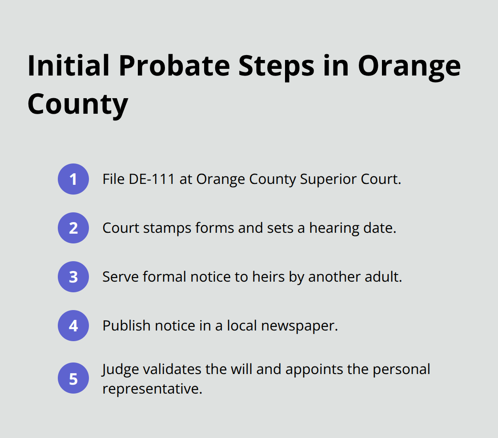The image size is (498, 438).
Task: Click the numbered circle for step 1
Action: click(x=73, y=179)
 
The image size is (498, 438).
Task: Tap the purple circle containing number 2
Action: click(x=73, y=228)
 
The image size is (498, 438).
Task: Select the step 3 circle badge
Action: click(x=73, y=277)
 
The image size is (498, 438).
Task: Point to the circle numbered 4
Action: click(x=73, y=326)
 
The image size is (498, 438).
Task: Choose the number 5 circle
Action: click(x=73, y=379)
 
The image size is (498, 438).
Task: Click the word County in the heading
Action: click(x=78, y=104)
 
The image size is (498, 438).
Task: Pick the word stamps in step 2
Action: click(x=169, y=228)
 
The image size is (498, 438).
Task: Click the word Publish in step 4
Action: click(x=126, y=326)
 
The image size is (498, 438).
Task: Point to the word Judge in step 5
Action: click(x=118, y=370)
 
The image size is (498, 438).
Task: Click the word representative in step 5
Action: click(x=152, y=389)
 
